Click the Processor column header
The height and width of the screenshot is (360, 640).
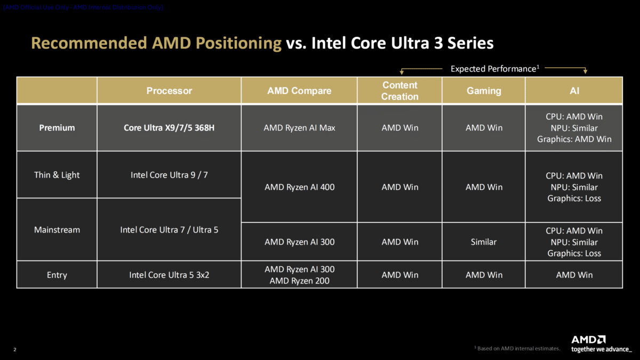click(169, 91)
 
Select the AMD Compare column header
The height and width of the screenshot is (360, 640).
click(299, 91)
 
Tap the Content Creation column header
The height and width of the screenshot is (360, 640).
click(399, 91)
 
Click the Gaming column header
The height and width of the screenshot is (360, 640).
click(484, 91)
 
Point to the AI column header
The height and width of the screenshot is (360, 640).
click(574, 91)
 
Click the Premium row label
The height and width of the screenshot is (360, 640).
click(57, 128)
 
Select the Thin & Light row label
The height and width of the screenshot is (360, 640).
click(57, 175)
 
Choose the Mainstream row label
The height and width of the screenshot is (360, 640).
click(57, 230)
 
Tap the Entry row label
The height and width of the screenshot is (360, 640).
click(57, 275)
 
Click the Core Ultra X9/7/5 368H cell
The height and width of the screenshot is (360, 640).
click(169, 128)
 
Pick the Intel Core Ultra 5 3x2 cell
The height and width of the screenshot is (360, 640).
click(169, 275)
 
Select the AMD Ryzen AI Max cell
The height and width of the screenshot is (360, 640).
click(299, 128)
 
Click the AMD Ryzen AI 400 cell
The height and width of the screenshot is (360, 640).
click(299, 187)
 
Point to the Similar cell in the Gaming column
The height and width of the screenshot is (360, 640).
click(484, 242)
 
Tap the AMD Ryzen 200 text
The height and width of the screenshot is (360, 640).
click(299, 281)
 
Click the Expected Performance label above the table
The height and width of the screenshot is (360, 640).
click(493, 69)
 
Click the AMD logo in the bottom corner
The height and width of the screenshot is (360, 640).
click(588, 340)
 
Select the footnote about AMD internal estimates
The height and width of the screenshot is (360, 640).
click(517, 348)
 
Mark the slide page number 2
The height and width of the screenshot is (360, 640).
click(14, 350)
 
